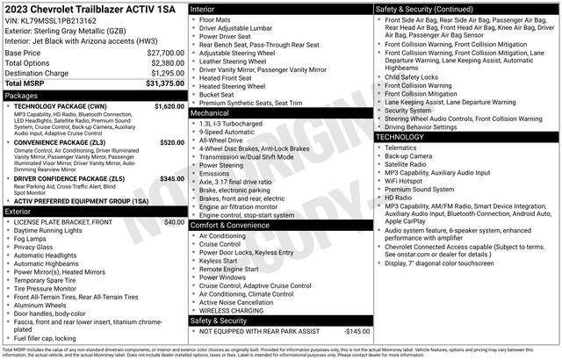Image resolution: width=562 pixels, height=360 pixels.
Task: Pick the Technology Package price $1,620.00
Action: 169,105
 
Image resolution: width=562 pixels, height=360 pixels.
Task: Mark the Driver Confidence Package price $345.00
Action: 171,178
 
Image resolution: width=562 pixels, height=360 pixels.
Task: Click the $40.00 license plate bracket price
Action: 175,223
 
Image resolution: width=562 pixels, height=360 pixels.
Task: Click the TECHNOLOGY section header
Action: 407,137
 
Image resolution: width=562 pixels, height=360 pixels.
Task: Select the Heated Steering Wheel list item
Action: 234,86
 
